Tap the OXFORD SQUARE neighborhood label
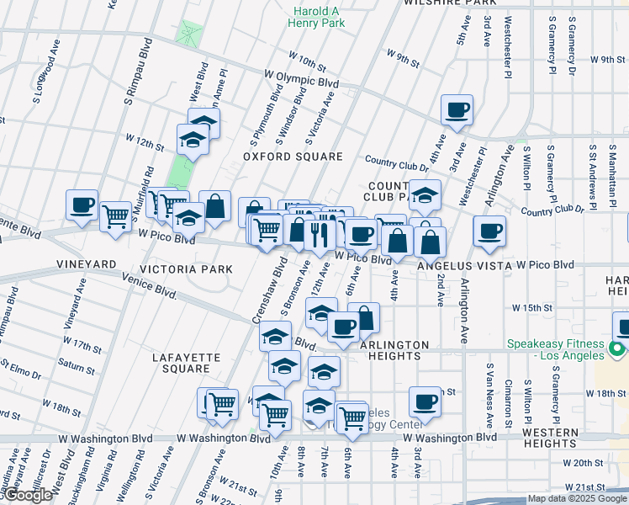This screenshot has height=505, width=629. (x=293, y=157)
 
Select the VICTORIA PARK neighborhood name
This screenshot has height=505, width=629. (x=185, y=269)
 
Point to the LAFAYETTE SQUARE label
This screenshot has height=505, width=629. (x=186, y=363)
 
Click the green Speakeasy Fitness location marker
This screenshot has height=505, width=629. (x=617, y=348)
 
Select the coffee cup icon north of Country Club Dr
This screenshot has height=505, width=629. (x=457, y=109)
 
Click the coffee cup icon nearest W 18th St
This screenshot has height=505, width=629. (x=425, y=401)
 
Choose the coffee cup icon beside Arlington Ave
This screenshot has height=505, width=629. (x=489, y=231)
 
